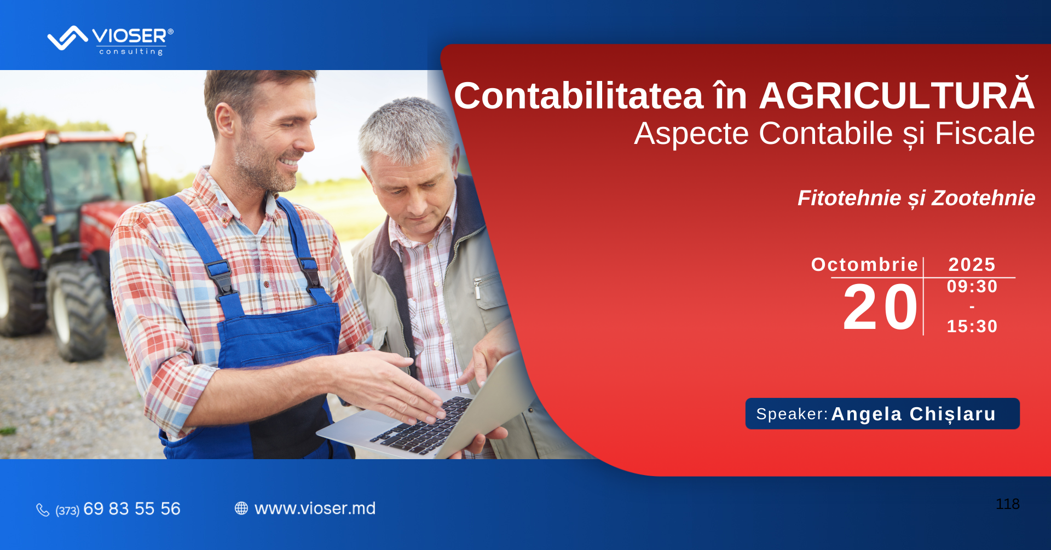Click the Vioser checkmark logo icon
click(x=67, y=38)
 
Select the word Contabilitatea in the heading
click(x=579, y=96)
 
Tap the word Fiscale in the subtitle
click(x=985, y=134)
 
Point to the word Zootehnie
click(x=983, y=198)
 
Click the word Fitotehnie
click(x=849, y=198)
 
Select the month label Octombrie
click(x=864, y=265)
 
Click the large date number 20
click(x=880, y=308)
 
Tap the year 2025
click(x=972, y=265)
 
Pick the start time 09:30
click(x=972, y=287)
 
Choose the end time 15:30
click(x=972, y=327)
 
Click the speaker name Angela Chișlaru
click(x=914, y=414)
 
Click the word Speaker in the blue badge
click(x=790, y=414)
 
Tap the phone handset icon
click(x=43, y=510)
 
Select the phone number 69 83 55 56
click(x=132, y=509)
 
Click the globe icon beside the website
click(x=241, y=508)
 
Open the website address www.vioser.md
click(x=315, y=508)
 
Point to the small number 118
click(x=1008, y=504)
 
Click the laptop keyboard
click(x=421, y=425)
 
